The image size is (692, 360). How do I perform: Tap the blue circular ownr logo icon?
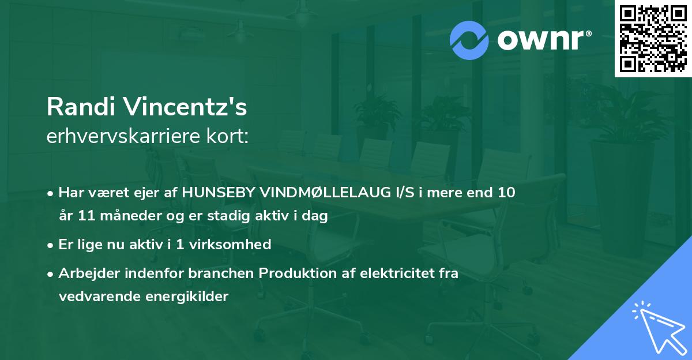point(470,40)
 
